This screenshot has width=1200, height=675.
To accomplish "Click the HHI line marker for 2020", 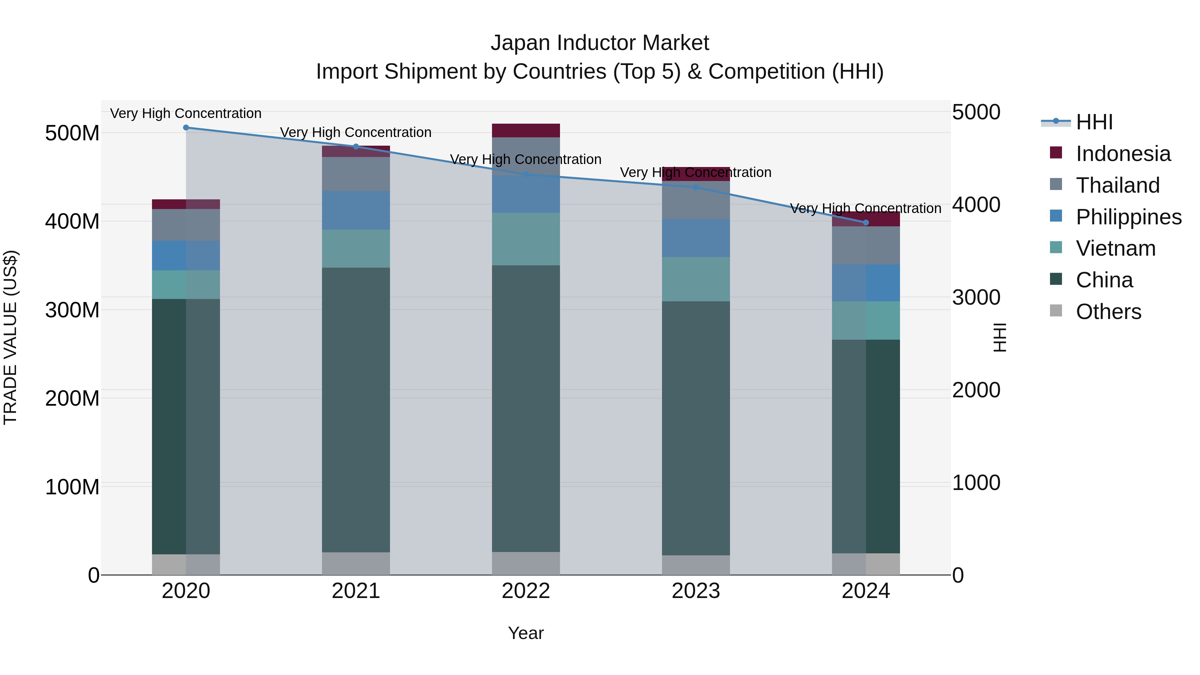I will tap(186, 127).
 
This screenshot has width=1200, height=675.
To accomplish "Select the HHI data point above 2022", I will tap(526, 174).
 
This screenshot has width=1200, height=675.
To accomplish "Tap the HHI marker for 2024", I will tap(866, 222).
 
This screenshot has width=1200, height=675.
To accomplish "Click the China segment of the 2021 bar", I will tap(356, 410).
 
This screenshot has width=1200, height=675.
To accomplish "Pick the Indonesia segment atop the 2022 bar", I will tap(526, 130).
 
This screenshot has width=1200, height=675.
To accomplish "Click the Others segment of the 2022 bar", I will tap(526, 563).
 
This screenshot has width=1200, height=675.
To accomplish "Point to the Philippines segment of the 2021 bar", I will tap(356, 210).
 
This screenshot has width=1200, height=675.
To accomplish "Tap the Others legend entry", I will tap(1108, 312).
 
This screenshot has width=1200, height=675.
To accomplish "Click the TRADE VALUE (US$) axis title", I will tap(10, 337).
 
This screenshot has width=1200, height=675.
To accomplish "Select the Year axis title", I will tap(526, 633).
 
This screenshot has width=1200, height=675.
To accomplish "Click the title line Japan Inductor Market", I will tap(600, 43).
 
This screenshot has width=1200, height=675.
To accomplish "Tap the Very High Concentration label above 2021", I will tap(356, 132).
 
